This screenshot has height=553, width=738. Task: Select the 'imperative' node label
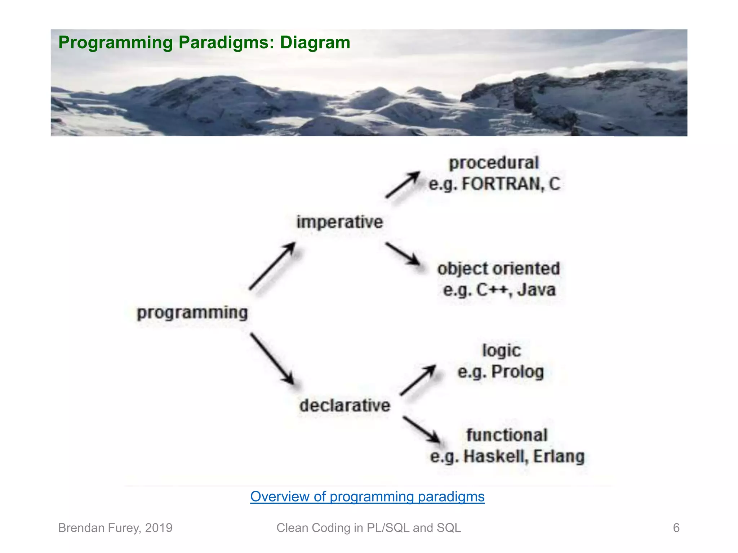pos(339,222)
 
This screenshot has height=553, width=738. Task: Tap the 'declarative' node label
pos(344,405)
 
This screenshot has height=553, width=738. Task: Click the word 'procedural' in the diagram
pos(494,163)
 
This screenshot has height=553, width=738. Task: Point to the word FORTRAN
pos(501,184)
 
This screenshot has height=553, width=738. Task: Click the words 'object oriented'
pos(499,269)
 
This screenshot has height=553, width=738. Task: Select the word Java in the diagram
pos(537,290)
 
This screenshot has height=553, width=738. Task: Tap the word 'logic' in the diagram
pos(502,351)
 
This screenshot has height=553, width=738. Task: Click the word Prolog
pos(517,372)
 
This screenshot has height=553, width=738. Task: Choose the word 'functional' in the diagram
pos(507,435)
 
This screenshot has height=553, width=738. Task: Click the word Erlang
pos(559,457)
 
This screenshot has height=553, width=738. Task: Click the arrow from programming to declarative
pos(272,359)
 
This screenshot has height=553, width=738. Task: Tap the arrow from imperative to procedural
pos(403,185)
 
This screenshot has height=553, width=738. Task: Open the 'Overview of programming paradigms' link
pos(367,497)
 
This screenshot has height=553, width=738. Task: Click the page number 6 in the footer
pos(676,528)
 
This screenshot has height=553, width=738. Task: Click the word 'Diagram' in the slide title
pos(315,42)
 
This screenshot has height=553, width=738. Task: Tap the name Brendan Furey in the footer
pos(99,528)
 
